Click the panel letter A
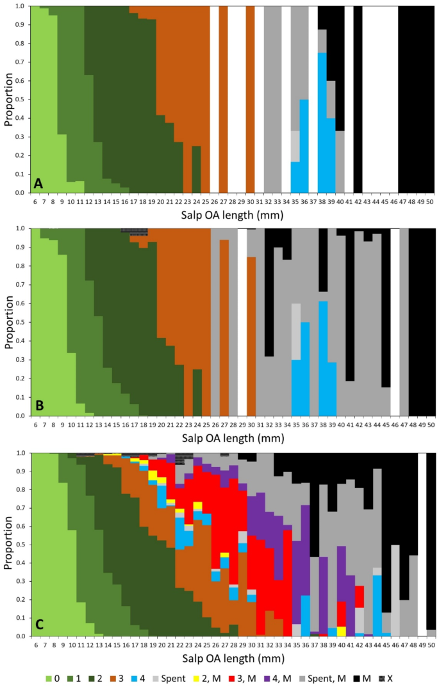(38, 184)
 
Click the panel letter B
(38, 407)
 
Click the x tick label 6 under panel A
(35, 203)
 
